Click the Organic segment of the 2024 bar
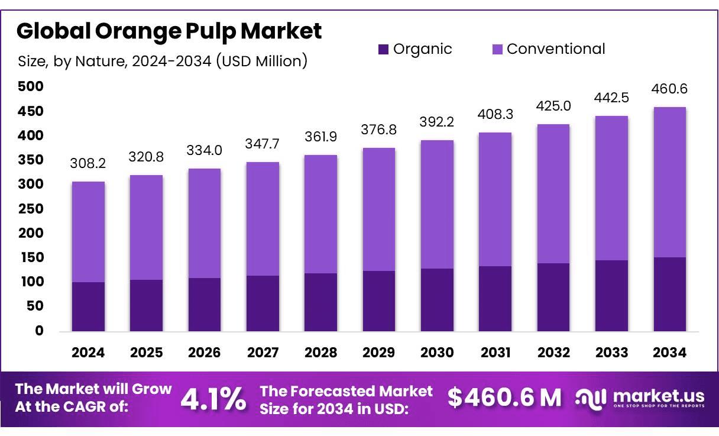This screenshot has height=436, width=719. pos(88,306)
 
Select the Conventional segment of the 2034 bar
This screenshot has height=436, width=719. pos(670,182)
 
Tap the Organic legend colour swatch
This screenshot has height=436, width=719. pos(383,49)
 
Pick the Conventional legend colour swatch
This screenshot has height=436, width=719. pos(497,49)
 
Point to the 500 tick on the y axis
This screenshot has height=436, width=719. pos(30,87)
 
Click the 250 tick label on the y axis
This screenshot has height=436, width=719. pos(30,209)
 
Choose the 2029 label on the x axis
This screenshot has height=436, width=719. pos(379,353)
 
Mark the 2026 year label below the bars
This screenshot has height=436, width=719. pos(204,353)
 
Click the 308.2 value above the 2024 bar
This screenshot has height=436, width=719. pos(88,163)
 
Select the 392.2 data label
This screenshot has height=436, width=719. pos(437,122)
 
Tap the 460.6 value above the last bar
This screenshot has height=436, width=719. pos(670,89)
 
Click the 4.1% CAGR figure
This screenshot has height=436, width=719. pos(213,399)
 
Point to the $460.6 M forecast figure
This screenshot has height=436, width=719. pos(504,398)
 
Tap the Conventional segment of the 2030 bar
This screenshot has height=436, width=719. pos(437,204)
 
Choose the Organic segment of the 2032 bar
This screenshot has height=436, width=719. pos(553,297)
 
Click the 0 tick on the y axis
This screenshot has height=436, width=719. pos(39,331)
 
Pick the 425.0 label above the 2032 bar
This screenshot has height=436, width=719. pos(553,106)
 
